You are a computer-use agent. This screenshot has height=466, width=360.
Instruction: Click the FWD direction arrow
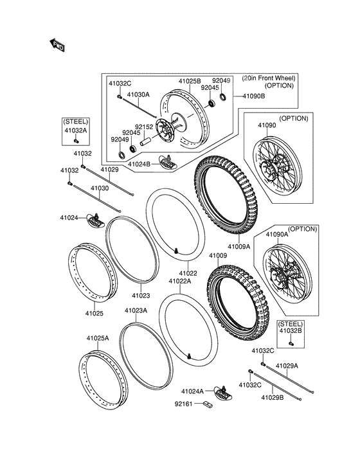point(57,45)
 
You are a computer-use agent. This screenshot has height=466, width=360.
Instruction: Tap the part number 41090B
point(254,96)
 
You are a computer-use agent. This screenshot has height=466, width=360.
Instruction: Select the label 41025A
point(98,338)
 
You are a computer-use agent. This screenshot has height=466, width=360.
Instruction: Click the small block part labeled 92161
point(208,404)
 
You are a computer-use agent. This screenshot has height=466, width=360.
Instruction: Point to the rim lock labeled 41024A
point(223,393)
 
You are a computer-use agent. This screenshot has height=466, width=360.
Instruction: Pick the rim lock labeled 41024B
point(168,163)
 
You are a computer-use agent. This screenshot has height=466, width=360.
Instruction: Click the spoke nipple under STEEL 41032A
point(75,140)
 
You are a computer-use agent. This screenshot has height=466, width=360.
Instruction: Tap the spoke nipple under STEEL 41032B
point(291,343)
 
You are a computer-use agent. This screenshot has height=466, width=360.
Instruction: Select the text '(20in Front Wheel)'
point(269,78)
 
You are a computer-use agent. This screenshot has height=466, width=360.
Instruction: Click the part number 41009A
point(239,246)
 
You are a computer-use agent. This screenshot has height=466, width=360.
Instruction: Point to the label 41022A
point(180,281)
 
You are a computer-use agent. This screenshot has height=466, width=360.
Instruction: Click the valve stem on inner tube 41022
point(177,251)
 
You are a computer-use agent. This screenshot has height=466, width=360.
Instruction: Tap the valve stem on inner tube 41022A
point(189,355)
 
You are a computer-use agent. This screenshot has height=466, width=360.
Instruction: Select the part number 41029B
point(273,397)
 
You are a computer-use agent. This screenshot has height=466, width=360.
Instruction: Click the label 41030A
point(138,94)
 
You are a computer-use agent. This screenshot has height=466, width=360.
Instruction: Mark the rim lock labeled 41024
point(95,221)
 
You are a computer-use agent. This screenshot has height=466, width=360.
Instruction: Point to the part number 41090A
point(277,235)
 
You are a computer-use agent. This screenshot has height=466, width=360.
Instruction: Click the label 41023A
point(136,310)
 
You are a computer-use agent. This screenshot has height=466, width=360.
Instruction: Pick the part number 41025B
point(190,81)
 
